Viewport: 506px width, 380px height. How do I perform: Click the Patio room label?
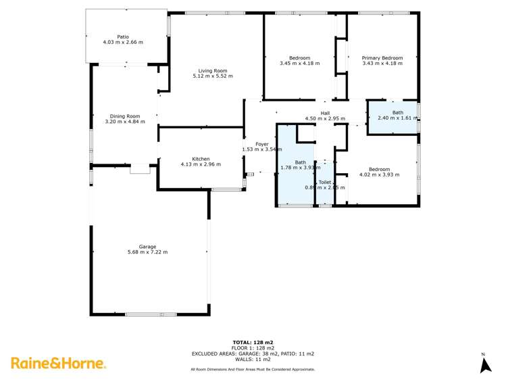click(x=122, y=37)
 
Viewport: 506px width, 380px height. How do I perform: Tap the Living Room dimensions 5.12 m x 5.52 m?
click(x=212, y=76)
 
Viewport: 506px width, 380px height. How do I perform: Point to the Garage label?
click(x=147, y=246)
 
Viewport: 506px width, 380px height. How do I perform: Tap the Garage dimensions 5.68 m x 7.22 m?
click(x=147, y=252)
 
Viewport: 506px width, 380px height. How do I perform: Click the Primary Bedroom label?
click(x=382, y=58)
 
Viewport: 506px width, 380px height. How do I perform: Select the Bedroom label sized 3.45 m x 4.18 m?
click(x=299, y=58)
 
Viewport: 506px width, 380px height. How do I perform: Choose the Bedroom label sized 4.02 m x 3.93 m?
click(x=379, y=169)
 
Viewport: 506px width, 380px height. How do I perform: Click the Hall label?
click(x=325, y=113)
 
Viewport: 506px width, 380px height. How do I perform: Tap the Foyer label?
click(x=261, y=144)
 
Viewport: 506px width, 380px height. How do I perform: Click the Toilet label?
click(x=324, y=181)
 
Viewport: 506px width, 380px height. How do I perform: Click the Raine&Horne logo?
click(x=58, y=363)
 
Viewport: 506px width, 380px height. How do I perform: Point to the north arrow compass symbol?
click(x=484, y=364)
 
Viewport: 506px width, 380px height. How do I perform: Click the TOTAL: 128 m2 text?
click(x=253, y=342)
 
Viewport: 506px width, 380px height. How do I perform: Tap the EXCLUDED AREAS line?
click(x=253, y=354)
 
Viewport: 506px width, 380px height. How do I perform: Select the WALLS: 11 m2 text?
click(x=253, y=359)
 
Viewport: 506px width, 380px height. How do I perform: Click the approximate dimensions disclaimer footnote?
click(x=253, y=369)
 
